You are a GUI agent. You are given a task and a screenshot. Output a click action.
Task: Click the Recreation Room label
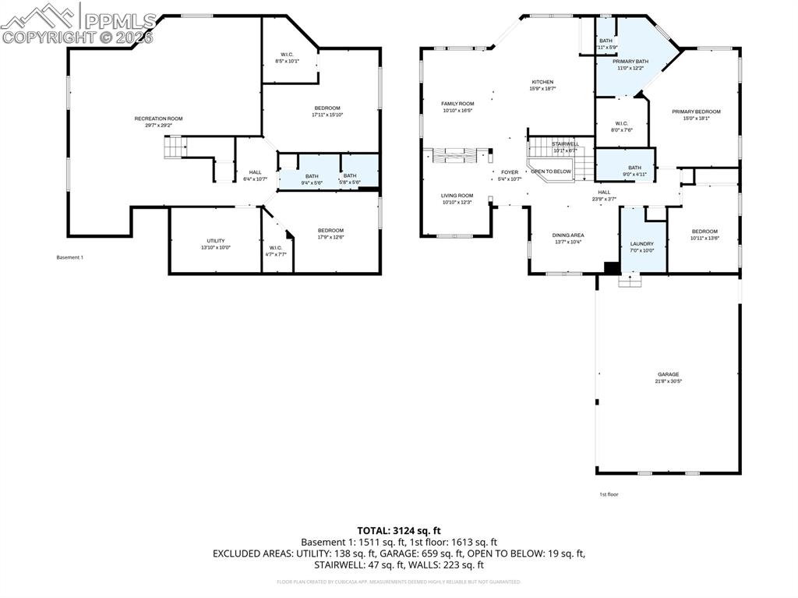tap(158, 119)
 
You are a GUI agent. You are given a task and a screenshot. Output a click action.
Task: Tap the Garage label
tap(668, 374)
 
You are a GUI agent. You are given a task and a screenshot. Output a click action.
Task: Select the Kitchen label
tap(542, 82)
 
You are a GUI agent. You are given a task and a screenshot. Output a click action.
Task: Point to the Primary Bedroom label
tap(696, 111)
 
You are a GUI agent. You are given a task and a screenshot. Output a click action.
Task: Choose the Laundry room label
tap(642, 244)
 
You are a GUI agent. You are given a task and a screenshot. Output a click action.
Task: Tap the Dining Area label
tap(568, 235)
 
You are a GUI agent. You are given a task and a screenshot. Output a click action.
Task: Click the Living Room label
tap(457, 196)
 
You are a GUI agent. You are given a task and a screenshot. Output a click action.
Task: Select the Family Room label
tap(457, 104)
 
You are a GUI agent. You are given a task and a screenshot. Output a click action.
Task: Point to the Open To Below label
tap(551, 172)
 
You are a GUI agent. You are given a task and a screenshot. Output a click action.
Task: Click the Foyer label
tap(510, 172)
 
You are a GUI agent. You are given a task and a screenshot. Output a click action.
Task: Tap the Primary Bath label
tap(630, 61)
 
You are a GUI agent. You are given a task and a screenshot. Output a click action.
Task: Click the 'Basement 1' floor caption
tap(69, 257)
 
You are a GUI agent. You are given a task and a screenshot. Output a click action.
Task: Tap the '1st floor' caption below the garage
tap(609, 494)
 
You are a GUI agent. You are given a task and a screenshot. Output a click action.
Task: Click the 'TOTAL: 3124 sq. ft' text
tap(399, 530)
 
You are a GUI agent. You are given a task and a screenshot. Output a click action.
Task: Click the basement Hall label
tap(255, 172)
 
